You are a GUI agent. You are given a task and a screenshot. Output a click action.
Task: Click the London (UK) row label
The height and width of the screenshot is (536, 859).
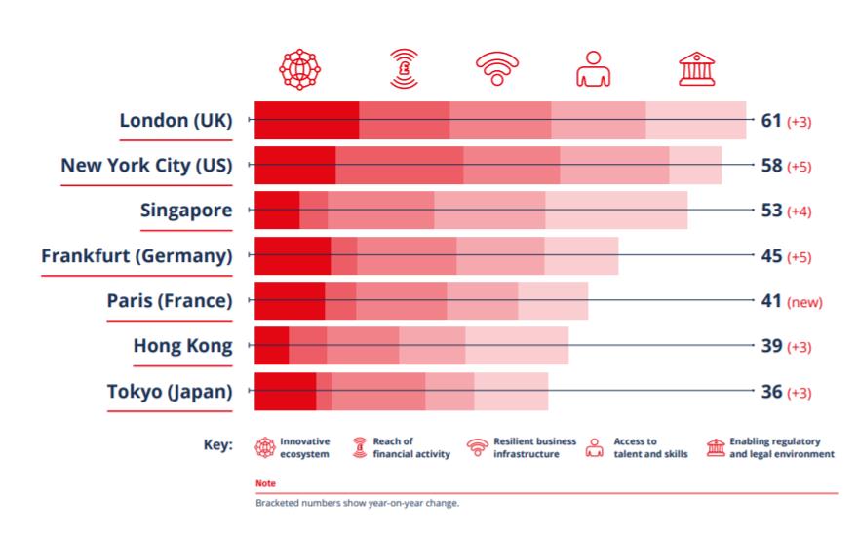(176, 120)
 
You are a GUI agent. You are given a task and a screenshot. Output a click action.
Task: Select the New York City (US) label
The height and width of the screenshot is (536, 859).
(147, 165)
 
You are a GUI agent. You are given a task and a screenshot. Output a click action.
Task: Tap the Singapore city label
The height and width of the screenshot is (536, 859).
(186, 211)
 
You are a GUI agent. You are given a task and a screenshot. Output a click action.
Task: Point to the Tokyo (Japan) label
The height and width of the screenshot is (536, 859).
(170, 392)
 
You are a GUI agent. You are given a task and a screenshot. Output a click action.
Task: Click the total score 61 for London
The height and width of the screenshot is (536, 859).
(771, 121)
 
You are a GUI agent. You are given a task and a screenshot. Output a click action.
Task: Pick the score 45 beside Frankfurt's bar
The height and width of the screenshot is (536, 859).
(771, 255)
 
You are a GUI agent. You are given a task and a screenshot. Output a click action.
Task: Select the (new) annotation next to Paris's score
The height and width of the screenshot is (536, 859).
(804, 302)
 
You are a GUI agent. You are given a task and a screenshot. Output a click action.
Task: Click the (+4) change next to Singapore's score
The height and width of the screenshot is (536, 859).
(799, 211)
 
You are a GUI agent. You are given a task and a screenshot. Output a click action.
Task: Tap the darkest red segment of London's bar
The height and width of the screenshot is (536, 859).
(307, 120)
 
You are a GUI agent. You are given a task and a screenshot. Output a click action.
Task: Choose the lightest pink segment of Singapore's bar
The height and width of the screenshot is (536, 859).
(616, 210)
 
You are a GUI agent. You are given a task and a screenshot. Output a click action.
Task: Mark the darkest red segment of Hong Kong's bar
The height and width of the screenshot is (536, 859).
(272, 345)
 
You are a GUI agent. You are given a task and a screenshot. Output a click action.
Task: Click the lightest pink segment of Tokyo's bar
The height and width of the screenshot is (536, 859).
(511, 392)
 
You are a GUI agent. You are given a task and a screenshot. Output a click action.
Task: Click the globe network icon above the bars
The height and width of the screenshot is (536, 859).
(299, 69)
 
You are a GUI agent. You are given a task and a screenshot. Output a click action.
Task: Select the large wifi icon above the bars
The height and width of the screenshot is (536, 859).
(497, 68)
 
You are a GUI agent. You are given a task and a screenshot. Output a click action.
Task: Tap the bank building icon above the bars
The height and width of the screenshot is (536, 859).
(697, 69)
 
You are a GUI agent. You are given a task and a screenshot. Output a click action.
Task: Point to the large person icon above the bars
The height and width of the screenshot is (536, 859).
(593, 69)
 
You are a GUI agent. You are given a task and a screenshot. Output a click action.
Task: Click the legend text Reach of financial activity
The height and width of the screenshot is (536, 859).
(411, 448)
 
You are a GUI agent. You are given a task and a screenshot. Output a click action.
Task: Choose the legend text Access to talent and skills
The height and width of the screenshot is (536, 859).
(650, 448)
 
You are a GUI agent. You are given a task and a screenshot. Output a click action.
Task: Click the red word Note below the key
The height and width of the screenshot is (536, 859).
(266, 483)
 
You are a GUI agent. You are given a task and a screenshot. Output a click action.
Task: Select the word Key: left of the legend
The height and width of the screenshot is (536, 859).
(218, 444)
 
